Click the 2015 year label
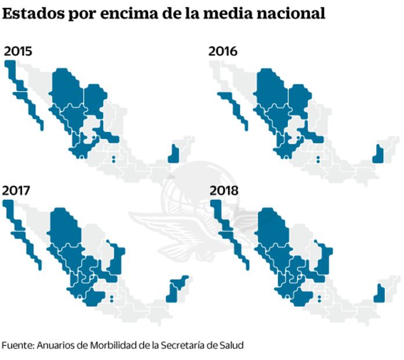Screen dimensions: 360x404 pos(18,51)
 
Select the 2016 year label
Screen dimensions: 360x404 pos(223,51)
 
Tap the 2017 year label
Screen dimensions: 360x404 pos(17,190)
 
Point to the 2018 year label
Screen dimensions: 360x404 pos(224,190)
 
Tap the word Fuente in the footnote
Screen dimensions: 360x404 pos(17,345)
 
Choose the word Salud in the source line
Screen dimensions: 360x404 pos(231,345)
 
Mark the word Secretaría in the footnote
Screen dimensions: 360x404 pos(181,345)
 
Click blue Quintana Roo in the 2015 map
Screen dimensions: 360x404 pos(173,153)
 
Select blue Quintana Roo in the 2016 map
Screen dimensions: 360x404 pos(378,153)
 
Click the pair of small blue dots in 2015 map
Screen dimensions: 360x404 pos(114,158)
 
